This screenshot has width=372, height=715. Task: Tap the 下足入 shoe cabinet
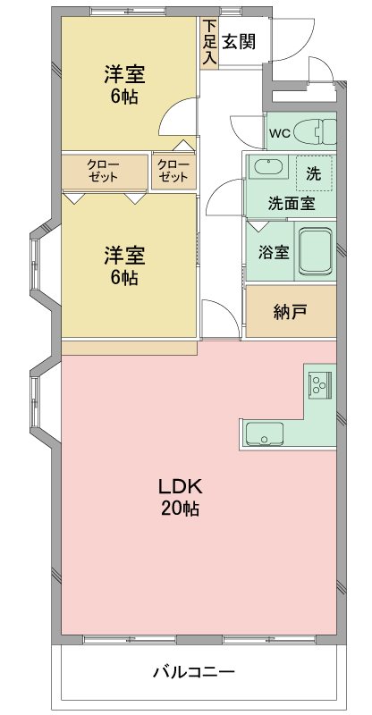pos(209,42)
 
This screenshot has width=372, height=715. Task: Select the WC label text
pos(279,134)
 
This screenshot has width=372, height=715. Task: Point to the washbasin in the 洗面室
pos(266,167)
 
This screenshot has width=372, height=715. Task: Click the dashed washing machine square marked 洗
pos(313,173)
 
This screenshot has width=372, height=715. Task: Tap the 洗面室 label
pos(291,203)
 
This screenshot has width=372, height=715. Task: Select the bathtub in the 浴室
pos(316,251)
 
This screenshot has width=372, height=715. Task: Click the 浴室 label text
pos(273,252)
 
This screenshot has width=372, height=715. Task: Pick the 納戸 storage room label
pos(290,312)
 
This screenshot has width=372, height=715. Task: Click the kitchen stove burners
pos(319,383)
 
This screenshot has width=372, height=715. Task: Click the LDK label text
pos(182,488)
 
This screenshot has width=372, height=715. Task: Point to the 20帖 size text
pos(181,509)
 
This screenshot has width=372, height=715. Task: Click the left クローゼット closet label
pos(104,170)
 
